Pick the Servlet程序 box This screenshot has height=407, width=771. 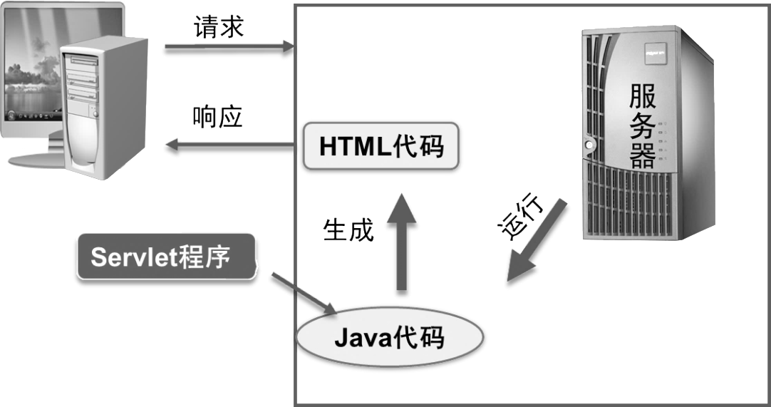(165, 257)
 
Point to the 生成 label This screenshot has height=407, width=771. (348, 230)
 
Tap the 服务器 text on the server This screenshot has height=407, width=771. (642, 125)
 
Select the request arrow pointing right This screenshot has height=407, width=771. (229, 49)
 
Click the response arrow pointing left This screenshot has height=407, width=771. (228, 148)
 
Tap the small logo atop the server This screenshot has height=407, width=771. (653, 51)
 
